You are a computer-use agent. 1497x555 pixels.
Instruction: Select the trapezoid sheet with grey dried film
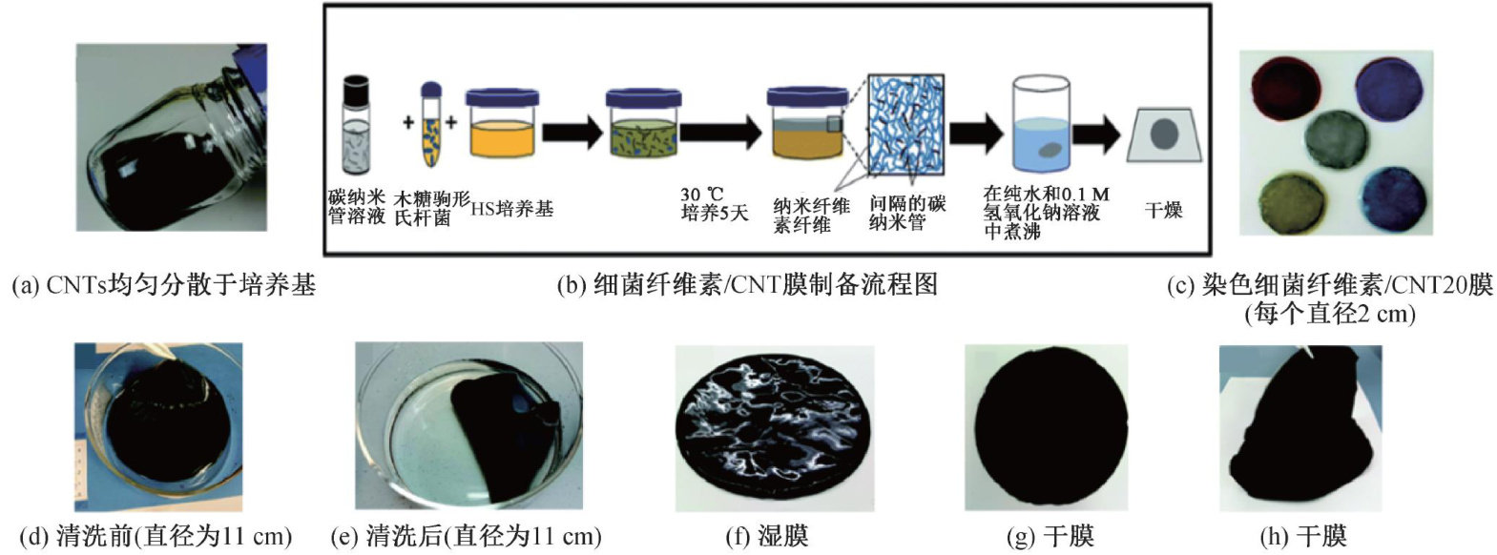click(1164, 134)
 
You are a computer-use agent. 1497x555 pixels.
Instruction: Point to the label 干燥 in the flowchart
click(1163, 210)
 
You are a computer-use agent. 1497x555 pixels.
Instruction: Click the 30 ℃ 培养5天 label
click(714, 203)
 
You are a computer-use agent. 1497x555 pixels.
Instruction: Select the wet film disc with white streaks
click(773, 429)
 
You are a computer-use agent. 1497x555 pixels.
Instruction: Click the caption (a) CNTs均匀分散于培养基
click(162, 284)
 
